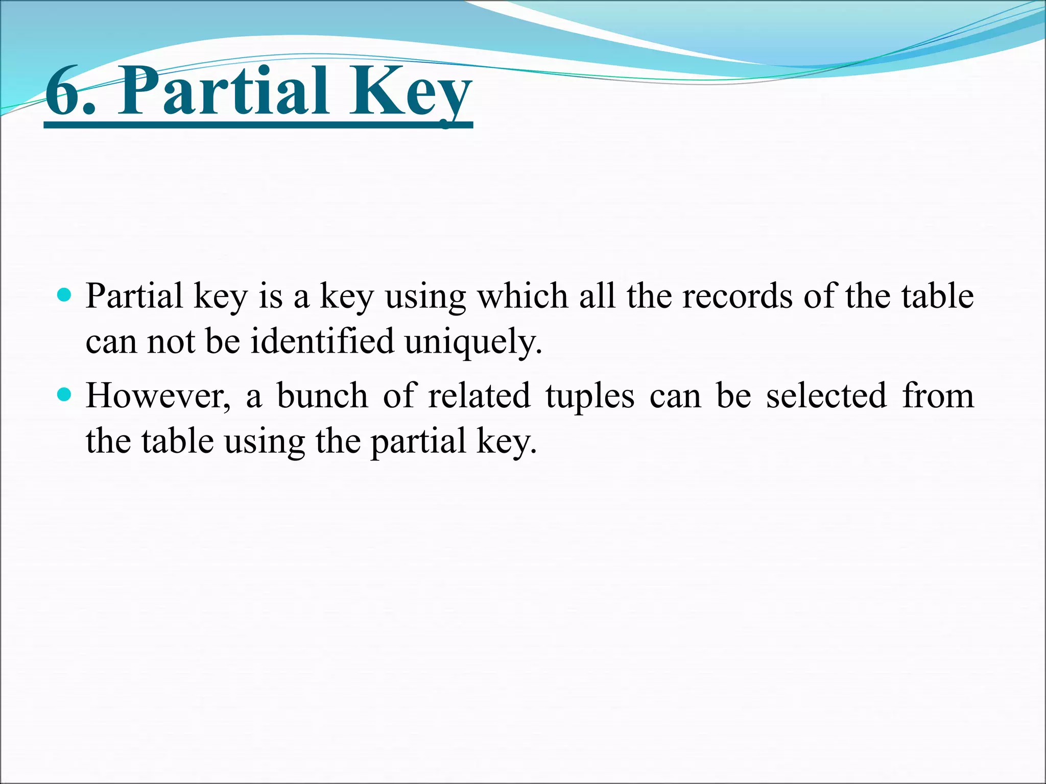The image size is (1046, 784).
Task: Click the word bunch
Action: (322, 396)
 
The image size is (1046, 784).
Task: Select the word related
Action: (479, 396)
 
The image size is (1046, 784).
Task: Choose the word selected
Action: (826, 396)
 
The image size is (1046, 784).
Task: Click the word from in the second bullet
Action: (938, 396)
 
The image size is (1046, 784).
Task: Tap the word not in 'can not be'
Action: (171, 341)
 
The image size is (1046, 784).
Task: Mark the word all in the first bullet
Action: (597, 296)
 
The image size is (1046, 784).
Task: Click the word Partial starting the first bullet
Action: (134, 296)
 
